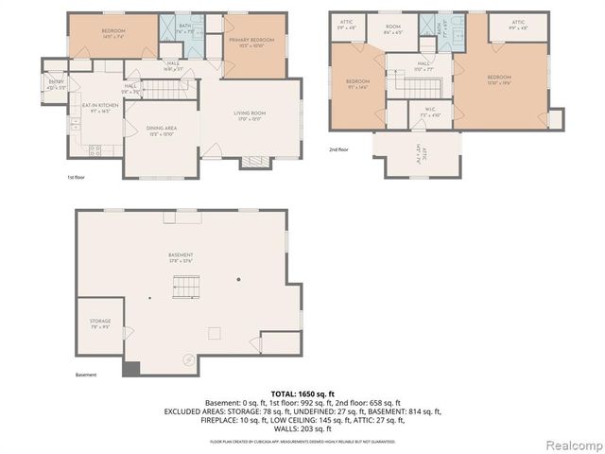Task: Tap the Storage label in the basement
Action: (x=100, y=323)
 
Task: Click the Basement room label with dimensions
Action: (x=181, y=257)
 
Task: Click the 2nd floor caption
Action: (x=338, y=149)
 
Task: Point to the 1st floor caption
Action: (x=77, y=177)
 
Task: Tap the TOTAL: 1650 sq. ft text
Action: (x=302, y=393)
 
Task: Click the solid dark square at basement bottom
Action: (x=130, y=369)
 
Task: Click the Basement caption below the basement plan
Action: (x=86, y=375)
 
